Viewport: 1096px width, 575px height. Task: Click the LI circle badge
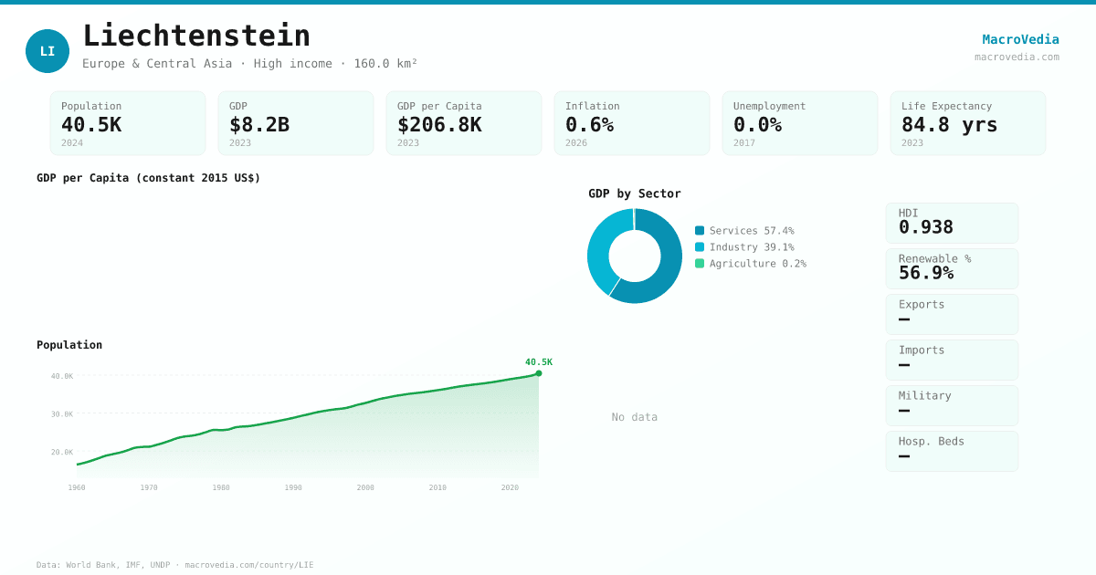(47, 51)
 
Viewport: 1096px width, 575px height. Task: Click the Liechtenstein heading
(196, 36)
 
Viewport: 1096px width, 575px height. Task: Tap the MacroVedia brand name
(1020, 39)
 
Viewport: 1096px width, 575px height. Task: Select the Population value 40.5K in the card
(91, 125)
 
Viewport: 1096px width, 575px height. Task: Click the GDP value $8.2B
(259, 125)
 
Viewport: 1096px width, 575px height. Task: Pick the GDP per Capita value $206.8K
(439, 125)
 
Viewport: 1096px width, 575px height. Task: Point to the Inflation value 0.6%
(589, 125)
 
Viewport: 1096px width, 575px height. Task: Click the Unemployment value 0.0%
(757, 125)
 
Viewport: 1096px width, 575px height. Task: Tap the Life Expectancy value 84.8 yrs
(949, 125)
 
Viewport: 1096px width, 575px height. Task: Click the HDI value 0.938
(925, 227)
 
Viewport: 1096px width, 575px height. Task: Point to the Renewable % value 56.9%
(925, 273)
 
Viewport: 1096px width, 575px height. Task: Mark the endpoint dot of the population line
(539, 373)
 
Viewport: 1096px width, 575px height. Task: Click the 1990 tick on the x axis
(293, 487)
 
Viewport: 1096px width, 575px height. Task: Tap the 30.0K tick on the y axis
(62, 414)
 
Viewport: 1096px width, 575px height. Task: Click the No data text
(635, 417)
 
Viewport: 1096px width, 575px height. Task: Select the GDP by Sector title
(635, 193)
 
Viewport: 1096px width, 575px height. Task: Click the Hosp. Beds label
(931, 441)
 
